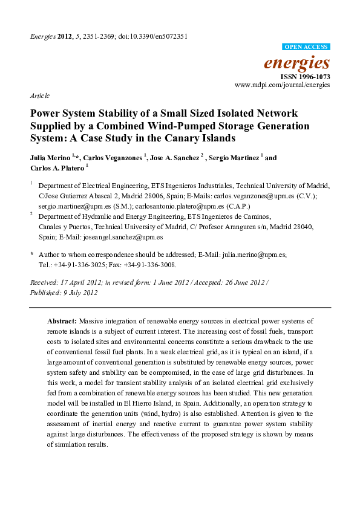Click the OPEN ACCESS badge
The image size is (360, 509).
click(307, 47)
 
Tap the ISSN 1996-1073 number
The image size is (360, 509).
click(306, 77)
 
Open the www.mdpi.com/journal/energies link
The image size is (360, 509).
click(283, 86)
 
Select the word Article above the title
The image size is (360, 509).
click(39, 96)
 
